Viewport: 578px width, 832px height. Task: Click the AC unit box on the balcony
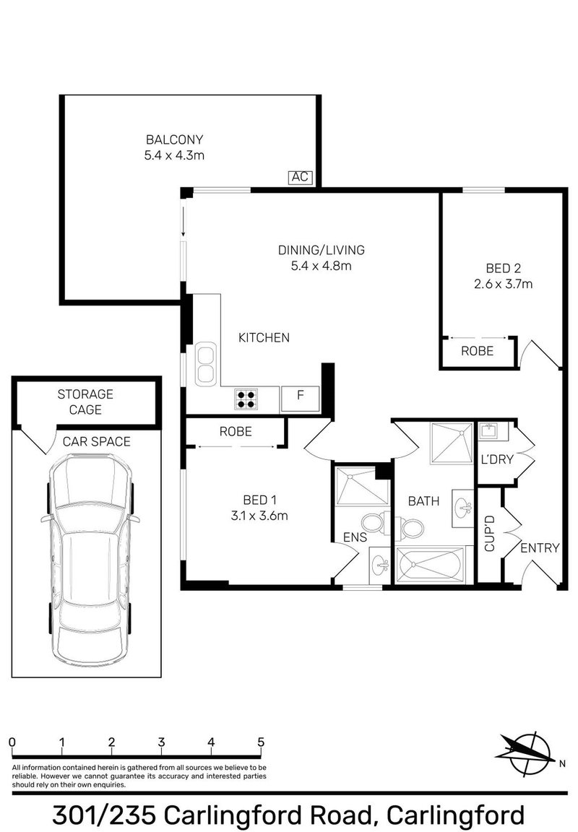point(300,176)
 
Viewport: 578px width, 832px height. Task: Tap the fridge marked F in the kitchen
point(300,395)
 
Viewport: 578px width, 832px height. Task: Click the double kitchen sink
point(204,364)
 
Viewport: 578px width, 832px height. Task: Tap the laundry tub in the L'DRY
point(492,433)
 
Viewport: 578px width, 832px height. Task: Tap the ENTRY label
point(540,548)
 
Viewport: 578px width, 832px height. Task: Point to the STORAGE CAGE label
point(85,402)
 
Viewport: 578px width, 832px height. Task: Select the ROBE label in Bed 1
point(236,432)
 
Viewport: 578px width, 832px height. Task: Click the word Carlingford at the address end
point(456,815)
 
